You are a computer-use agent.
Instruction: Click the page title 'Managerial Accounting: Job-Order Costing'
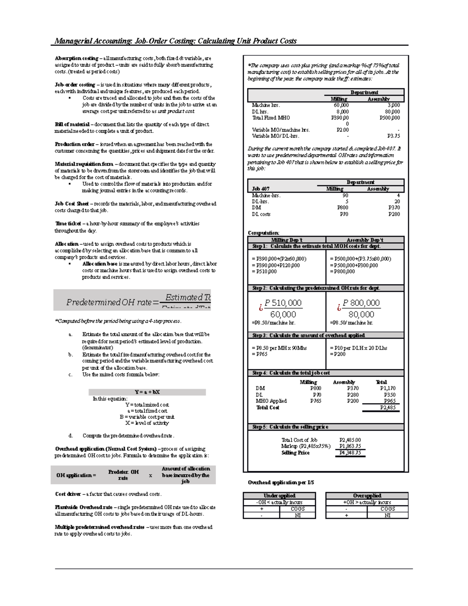coord(175,41)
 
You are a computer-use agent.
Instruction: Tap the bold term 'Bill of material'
coord(72,124)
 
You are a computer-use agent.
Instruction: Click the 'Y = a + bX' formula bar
coord(147,392)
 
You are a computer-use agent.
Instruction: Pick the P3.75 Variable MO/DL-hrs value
coord(393,136)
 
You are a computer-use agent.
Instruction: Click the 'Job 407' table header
coord(261,189)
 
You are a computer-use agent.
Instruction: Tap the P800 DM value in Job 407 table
coord(342,208)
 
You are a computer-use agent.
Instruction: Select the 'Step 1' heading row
coord(316,246)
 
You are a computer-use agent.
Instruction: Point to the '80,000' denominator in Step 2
coord(361,315)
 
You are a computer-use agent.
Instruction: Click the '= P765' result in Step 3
coord(260,354)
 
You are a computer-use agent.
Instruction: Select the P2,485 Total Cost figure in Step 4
coord(388,408)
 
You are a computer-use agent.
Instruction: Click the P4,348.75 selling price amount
coord(350,453)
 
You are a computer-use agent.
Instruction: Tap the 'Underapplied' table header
coord(279,496)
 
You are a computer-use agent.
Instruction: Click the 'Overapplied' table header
coord(367,496)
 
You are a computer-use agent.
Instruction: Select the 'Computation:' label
coord(263,233)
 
